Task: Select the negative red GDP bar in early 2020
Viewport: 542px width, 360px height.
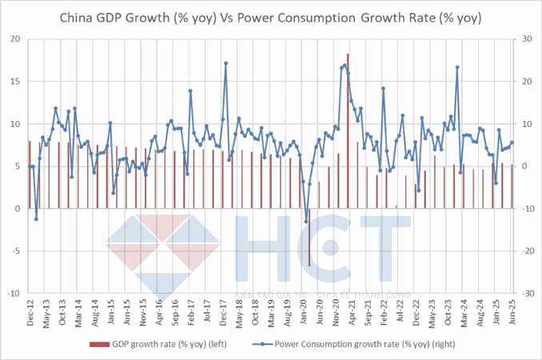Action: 309,238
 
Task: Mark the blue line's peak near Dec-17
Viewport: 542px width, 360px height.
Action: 226,62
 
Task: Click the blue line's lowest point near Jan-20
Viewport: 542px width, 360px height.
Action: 306,222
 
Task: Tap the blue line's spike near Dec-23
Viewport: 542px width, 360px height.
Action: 457,67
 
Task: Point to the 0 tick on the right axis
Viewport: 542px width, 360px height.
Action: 524,166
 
